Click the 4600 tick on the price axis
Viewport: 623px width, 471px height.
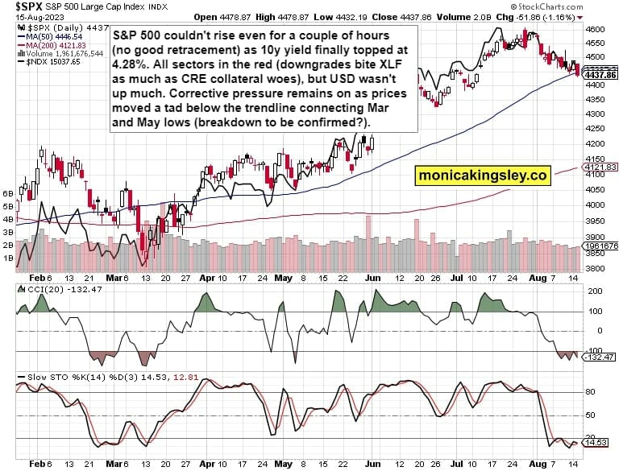tap(595, 28)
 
